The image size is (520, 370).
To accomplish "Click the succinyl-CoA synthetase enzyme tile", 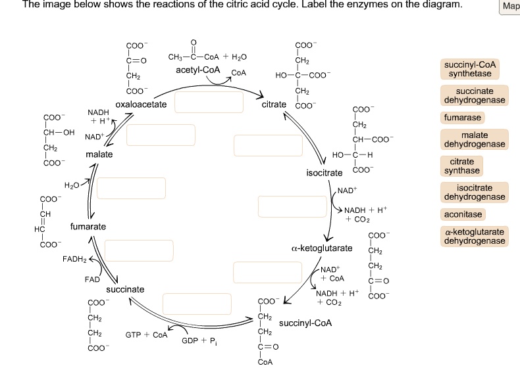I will (x=470, y=69).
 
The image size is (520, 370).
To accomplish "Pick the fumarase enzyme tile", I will (x=463, y=118).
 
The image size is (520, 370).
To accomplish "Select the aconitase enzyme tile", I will (x=463, y=214).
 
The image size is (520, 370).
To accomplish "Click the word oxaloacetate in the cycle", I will (x=141, y=104).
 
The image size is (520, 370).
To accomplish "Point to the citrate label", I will (x=274, y=104).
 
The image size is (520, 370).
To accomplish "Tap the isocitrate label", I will (x=325, y=173).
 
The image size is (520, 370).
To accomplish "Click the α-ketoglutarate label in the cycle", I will (x=321, y=249).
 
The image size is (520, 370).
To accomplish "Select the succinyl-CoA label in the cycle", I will (x=305, y=323).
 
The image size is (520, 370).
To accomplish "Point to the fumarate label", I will (x=88, y=227).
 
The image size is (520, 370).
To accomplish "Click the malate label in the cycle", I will (x=99, y=154).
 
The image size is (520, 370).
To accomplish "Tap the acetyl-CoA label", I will (x=198, y=70).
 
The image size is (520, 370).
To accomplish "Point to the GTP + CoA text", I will (x=147, y=335).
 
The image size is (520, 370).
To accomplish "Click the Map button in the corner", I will (x=510, y=6).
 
